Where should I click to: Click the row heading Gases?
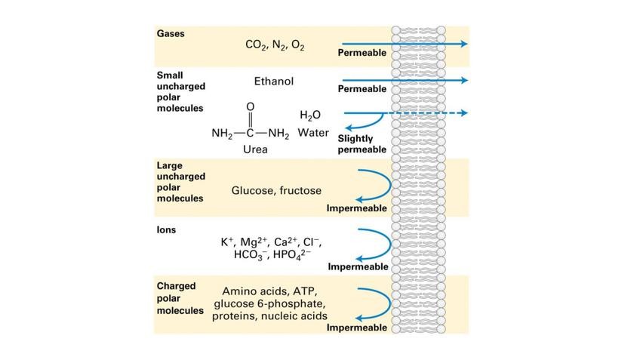click(171, 34)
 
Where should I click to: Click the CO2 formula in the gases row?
click(255, 45)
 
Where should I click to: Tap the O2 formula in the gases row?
click(297, 45)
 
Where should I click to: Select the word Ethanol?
click(274, 81)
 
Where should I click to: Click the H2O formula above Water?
click(310, 115)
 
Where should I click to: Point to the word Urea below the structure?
click(255, 149)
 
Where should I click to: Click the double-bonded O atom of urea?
click(251, 107)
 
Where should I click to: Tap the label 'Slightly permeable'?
click(362, 144)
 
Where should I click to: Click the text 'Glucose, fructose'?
click(276, 191)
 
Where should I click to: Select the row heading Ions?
click(166, 229)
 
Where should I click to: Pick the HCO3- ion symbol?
click(252, 255)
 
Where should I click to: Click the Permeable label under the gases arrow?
click(362, 54)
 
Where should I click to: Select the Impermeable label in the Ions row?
click(358, 266)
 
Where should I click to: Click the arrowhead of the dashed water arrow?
click(463, 113)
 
